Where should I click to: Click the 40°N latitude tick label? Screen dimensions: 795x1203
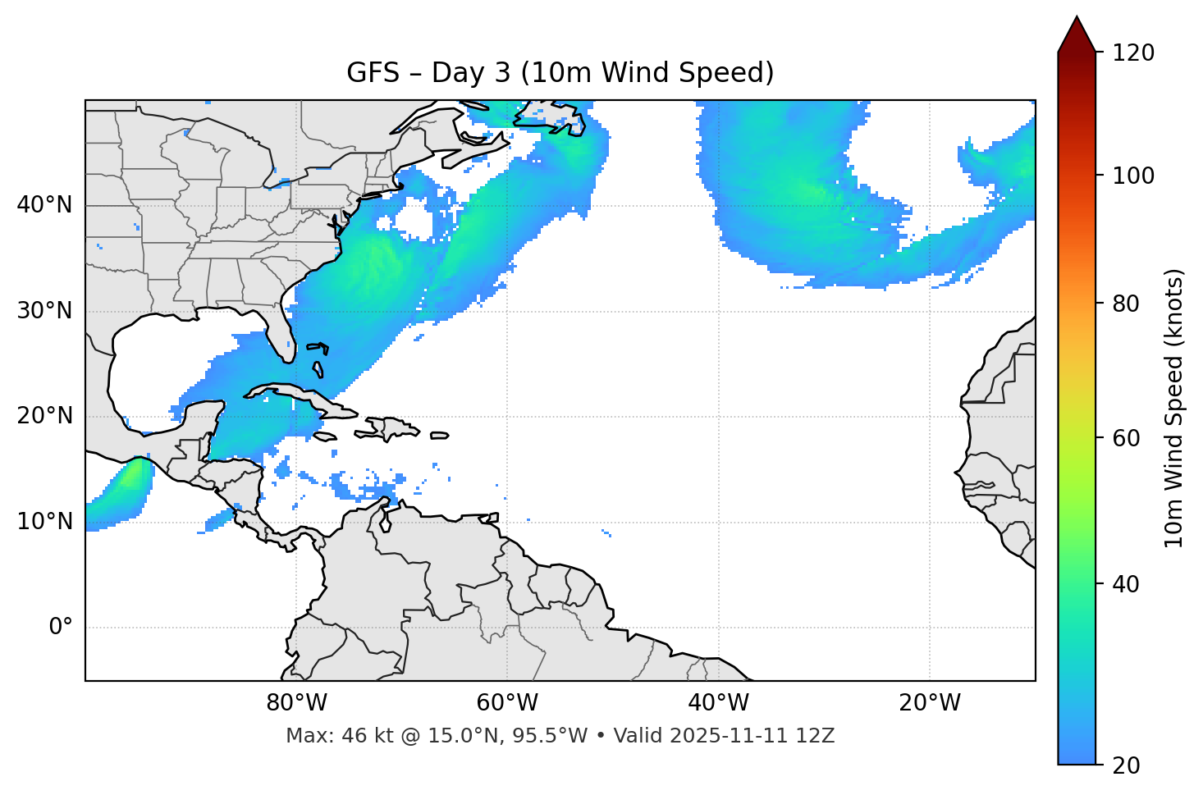click(44, 205)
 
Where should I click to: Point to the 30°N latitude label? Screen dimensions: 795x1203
click(44, 311)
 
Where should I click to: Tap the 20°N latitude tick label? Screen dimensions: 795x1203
click(44, 416)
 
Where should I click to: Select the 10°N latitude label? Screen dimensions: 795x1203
click(44, 522)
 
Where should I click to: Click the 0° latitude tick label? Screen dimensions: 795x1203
click(61, 628)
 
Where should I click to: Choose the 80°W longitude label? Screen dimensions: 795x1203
click(296, 703)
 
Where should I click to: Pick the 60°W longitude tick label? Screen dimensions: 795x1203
click(507, 703)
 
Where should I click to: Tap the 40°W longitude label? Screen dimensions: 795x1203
click(718, 703)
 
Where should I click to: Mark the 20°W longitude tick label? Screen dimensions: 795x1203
click(929, 703)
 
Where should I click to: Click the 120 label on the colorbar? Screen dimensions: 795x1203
click(1133, 53)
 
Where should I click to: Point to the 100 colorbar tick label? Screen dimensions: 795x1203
click(1133, 176)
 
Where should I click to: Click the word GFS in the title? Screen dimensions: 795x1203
click(372, 73)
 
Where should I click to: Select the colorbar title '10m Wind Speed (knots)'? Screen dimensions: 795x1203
click(1174, 409)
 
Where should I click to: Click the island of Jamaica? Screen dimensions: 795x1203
click(326, 436)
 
